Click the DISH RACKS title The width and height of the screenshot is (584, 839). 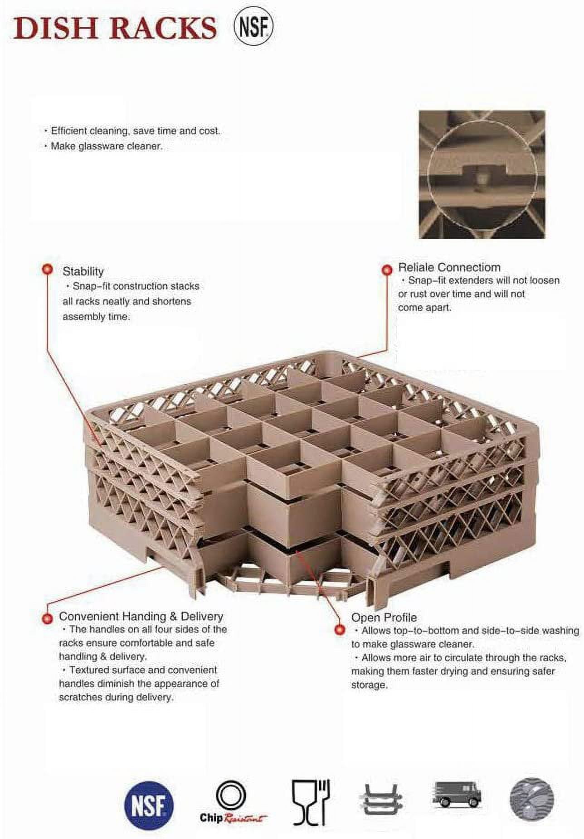[x=115, y=28]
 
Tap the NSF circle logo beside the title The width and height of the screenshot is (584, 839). [x=253, y=28]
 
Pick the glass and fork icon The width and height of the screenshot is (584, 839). [x=311, y=803]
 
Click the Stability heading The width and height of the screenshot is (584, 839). [x=83, y=271]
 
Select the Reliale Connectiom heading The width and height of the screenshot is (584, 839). [x=449, y=267]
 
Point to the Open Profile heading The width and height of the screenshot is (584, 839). [x=384, y=617]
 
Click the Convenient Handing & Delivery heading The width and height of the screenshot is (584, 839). [x=141, y=616]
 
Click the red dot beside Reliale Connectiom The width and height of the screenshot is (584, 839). [x=387, y=270]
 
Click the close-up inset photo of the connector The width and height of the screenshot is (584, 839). [x=482, y=174]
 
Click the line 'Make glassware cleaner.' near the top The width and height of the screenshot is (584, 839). [x=107, y=146]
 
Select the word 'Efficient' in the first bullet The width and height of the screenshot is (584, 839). [x=69, y=131]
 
